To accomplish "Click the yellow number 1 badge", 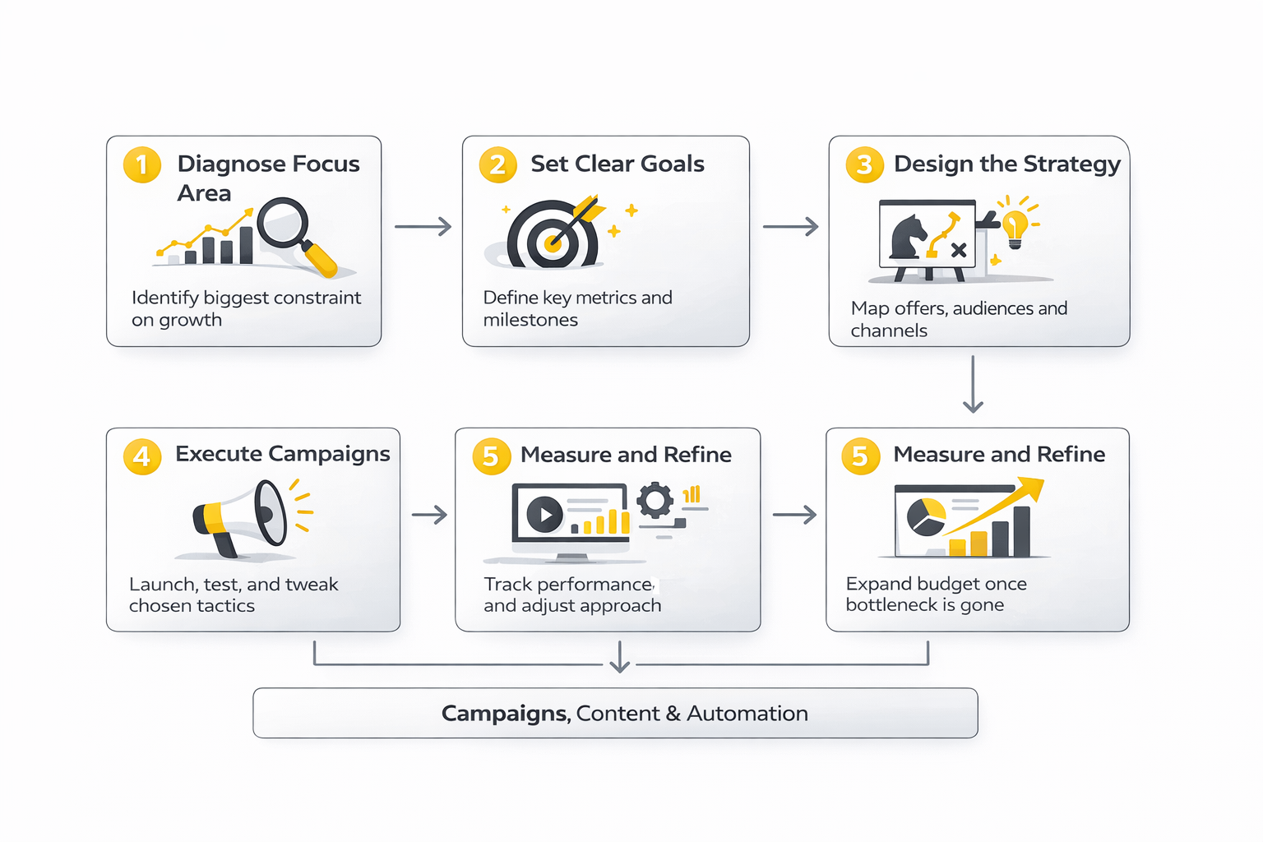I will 142,164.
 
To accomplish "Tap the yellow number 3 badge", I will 864,164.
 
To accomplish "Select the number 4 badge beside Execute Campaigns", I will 142,456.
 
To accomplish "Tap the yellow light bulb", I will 1015,226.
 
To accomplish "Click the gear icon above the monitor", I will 655,500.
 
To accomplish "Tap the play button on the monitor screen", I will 544,516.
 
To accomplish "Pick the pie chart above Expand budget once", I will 926,516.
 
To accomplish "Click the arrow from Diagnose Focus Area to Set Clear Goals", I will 423,226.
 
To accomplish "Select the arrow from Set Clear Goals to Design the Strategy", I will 790,226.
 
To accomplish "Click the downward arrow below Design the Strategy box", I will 973,384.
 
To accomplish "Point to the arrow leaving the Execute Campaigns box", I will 429,516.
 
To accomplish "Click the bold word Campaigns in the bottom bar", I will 505,714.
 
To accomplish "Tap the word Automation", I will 747,714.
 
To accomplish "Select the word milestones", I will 530,320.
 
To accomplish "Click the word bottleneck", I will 891,605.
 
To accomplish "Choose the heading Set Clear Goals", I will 617,164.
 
